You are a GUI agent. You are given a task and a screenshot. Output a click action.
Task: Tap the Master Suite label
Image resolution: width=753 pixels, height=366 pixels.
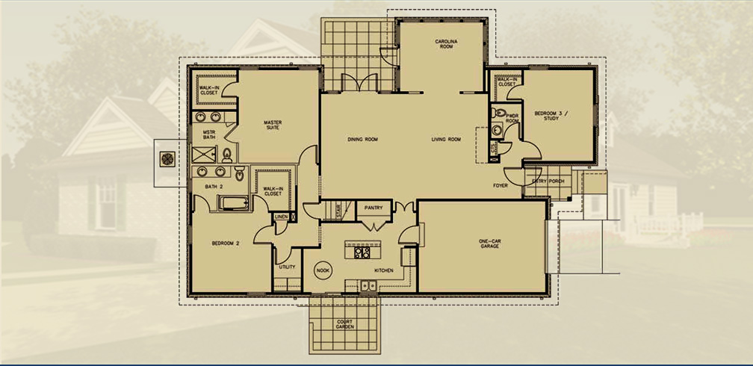pyautogui.click(x=272, y=126)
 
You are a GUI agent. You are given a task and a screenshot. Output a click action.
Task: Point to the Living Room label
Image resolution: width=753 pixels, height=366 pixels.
pyautogui.click(x=446, y=140)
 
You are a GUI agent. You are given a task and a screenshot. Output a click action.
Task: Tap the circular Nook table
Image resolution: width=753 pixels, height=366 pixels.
pyautogui.click(x=323, y=270)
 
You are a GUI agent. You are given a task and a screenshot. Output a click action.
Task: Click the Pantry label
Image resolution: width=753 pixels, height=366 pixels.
pyautogui.click(x=374, y=208)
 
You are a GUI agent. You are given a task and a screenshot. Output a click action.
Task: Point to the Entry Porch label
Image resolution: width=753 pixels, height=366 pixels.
pyautogui.click(x=548, y=181)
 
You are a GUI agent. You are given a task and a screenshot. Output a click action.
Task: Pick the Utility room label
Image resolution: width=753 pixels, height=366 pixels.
pyautogui.click(x=287, y=265)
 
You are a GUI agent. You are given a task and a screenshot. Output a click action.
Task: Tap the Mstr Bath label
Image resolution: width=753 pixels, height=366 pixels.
pyautogui.click(x=209, y=136)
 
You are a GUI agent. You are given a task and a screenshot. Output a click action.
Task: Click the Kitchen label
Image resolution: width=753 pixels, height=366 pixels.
pyautogui.click(x=384, y=270)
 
